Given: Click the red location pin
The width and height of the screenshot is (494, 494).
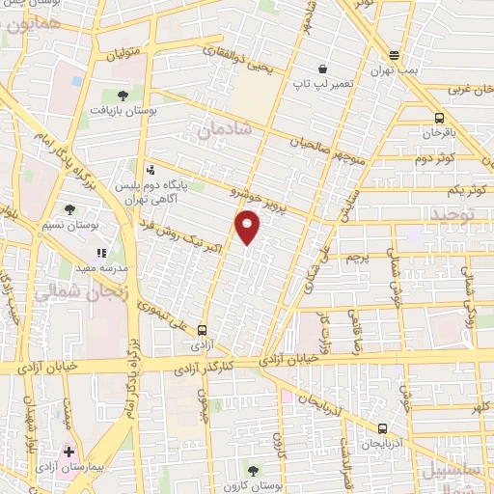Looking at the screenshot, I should pos(248,227).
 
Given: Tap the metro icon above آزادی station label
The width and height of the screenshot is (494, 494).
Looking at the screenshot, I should pos(202,329).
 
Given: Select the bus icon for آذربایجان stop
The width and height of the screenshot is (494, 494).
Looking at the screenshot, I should pos(383,428).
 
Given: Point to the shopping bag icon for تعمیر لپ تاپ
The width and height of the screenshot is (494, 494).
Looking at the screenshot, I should pos(322,69).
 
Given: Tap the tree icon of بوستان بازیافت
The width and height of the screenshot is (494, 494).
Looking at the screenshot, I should pos(123,95).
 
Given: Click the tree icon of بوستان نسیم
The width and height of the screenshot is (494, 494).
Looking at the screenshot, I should pos(69,208).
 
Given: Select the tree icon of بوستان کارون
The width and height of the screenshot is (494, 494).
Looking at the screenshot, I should pos(253,471).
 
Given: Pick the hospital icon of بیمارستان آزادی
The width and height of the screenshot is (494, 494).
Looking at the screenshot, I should pos(68,452).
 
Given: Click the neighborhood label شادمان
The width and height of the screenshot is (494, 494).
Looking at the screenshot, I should pos(226,127).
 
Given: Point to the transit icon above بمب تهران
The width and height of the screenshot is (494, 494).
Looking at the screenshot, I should pos(394,55).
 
